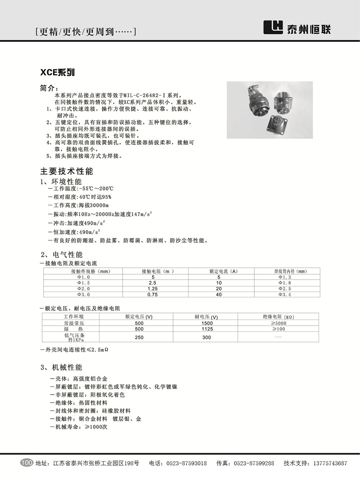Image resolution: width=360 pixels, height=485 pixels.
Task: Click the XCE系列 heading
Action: point(57,72)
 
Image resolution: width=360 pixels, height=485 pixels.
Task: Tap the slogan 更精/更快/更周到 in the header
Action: point(85,32)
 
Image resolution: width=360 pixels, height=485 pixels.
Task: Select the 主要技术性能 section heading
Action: point(67,171)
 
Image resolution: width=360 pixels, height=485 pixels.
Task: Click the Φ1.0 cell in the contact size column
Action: point(83,277)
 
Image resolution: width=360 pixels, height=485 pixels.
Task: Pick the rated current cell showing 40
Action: point(219,294)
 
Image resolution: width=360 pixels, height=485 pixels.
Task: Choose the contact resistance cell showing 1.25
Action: point(153,288)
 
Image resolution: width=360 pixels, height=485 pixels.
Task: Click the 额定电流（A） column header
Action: point(224,271)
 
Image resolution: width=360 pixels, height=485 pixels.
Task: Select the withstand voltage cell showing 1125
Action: point(207,329)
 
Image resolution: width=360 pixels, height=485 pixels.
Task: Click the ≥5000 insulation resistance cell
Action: point(279,323)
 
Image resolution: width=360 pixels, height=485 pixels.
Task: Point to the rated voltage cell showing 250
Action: point(139,337)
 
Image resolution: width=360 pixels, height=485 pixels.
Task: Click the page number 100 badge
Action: point(26,463)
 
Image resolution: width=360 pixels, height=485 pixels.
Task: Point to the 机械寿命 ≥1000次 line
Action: point(79,426)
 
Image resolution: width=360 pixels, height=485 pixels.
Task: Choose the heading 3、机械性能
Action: point(61,367)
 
